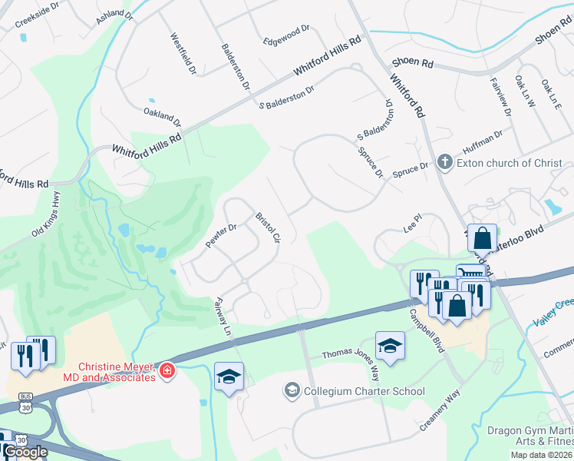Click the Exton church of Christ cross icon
444,163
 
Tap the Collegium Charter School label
364,392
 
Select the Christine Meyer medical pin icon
167,372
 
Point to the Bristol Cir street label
268,228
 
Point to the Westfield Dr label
183,54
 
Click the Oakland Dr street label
163,118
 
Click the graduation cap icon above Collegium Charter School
390,346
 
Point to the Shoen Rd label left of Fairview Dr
413,61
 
